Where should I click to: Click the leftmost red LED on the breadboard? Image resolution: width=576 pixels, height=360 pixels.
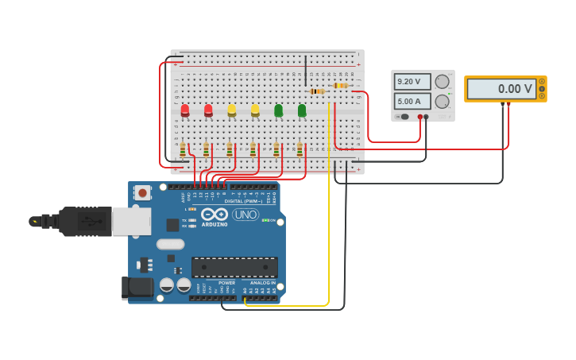tap(185, 110)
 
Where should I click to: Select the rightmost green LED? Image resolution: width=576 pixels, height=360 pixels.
tap(302, 110)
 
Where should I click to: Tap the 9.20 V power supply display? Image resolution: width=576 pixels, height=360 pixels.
tap(412, 82)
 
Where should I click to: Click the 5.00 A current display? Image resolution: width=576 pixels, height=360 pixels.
tap(412, 101)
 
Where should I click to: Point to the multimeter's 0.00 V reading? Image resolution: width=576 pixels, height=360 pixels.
tap(501, 89)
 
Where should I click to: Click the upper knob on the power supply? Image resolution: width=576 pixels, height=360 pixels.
tap(442, 82)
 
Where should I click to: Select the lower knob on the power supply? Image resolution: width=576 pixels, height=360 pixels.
tap(442, 101)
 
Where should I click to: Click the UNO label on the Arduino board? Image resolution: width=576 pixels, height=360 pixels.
tap(245, 215)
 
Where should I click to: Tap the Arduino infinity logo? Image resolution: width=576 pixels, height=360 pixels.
tap(214, 214)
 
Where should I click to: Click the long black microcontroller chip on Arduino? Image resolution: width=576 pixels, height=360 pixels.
tap(234, 267)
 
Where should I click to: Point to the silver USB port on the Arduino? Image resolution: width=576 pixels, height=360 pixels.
tap(131, 221)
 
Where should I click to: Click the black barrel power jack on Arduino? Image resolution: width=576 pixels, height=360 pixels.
tap(137, 287)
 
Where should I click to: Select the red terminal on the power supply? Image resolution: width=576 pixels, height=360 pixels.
tap(420, 117)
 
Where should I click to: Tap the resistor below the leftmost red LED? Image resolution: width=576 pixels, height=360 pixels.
tap(183, 149)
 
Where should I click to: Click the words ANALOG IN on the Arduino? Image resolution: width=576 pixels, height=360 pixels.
tap(264, 283)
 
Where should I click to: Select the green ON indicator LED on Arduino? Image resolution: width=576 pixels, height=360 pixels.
tap(265, 220)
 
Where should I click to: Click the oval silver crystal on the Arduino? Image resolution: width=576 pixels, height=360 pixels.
tap(170, 244)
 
